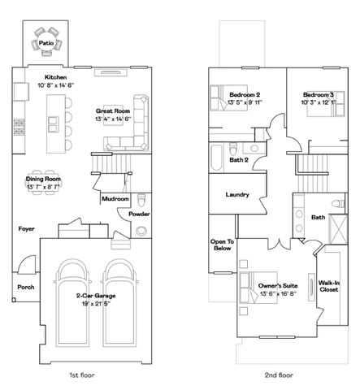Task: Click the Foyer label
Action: pyautogui.click(x=27, y=229)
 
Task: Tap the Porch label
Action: pyautogui.click(x=25, y=287)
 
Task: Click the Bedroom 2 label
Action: pyautogui.click(x=244, y=93)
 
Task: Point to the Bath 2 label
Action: pyautogui.click(x=238, y=160)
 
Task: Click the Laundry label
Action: pyautogui.click(x=236, y=195)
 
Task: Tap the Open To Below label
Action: pyautogui.click(x=222, y=246)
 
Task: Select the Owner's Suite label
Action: pyautogui.click(x=278, y=286)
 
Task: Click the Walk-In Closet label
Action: pyautogui.click(x=329, y=285)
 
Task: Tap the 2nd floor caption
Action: pyautogui.click(x=279, y=375)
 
